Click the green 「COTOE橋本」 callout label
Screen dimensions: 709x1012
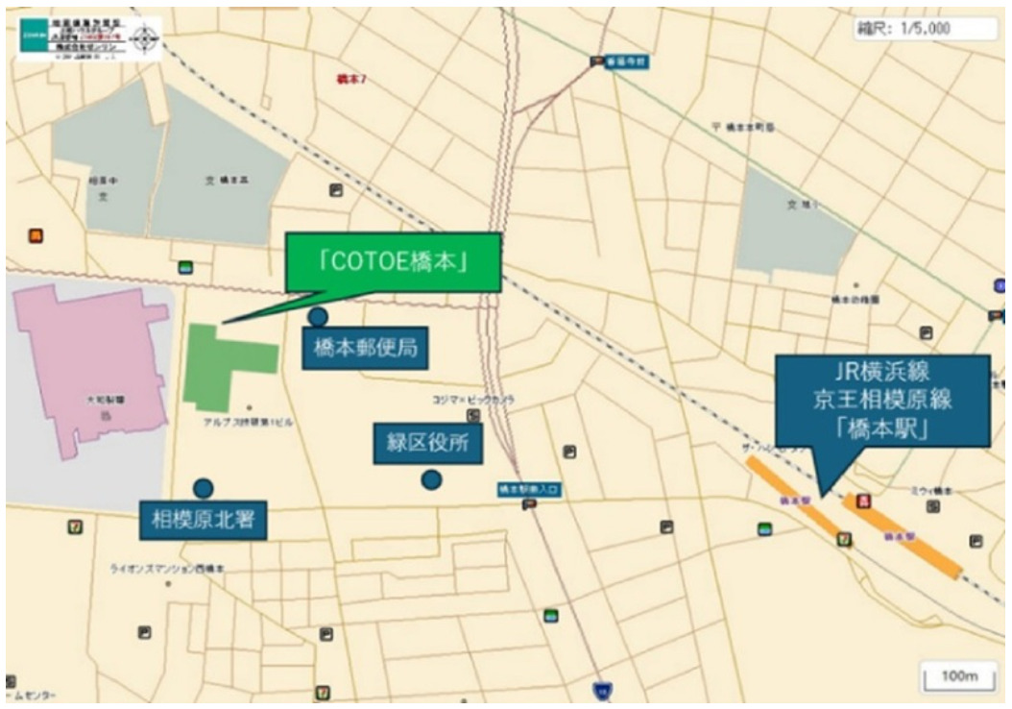[392, 262]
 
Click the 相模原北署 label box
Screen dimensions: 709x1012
[203, 521]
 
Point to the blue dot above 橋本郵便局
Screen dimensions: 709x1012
[317, 316]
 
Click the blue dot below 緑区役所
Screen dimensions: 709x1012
[431, 478]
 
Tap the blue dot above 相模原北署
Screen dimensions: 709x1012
[203, 487]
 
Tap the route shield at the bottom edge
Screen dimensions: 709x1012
[602, 690]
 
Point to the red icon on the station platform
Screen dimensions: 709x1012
[863, 501]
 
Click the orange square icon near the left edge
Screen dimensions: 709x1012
[36, 235]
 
